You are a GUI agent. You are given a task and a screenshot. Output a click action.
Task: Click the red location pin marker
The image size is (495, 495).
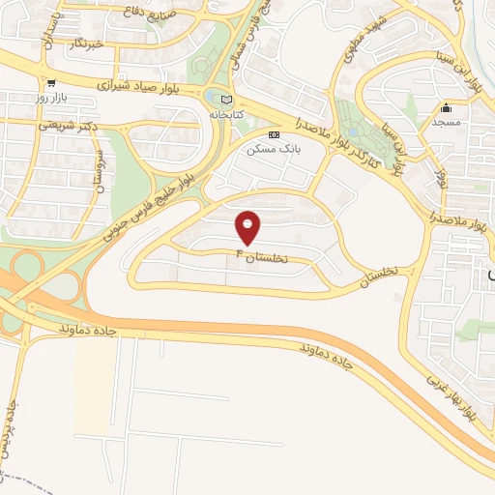pos(249,226)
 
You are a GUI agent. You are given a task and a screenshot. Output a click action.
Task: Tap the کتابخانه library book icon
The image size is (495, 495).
pos(227,99)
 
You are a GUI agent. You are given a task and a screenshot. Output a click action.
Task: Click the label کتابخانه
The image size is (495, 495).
pos(226,114)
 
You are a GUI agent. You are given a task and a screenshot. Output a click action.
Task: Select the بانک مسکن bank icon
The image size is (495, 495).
pos(274,133)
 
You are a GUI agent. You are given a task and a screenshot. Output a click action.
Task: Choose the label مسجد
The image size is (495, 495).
pos(447,124)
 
